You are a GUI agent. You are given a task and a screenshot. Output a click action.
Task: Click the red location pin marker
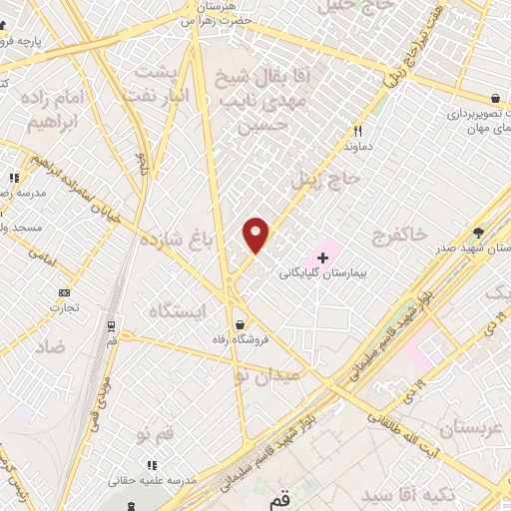coord(256,235)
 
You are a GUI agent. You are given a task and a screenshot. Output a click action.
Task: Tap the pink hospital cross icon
coord(322,257)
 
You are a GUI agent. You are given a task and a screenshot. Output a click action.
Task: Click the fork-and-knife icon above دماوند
coord(357,131)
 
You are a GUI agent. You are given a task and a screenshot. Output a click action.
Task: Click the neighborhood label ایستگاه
coord(176,311)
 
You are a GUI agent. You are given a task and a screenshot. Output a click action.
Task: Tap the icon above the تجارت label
coord(66,292)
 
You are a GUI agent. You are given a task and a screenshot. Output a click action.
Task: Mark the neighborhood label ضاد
coord(49,346)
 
